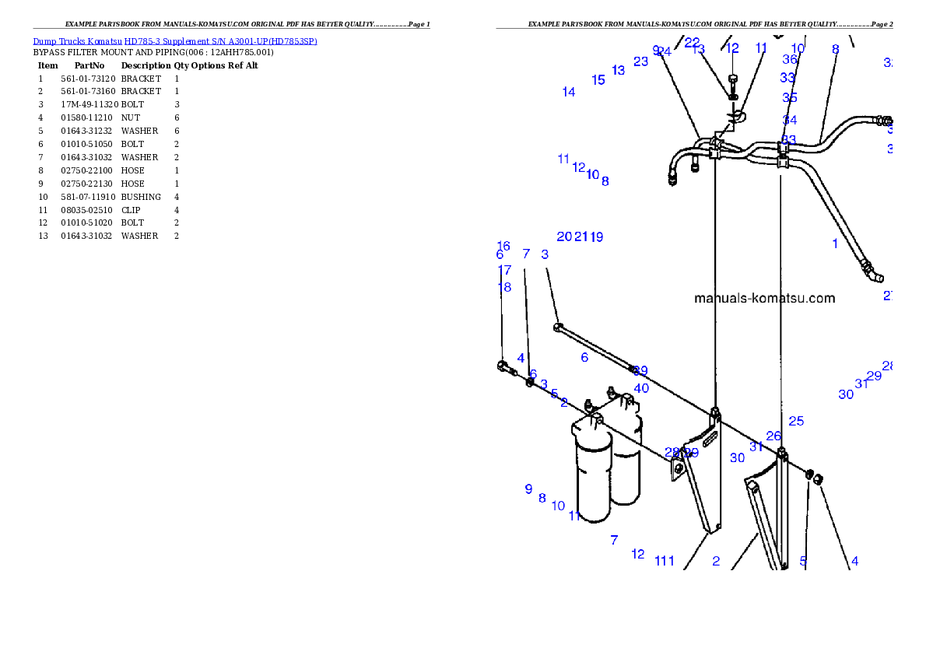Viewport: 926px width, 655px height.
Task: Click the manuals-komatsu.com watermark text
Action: point(764,298)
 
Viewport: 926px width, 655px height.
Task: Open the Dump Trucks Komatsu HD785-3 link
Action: point(175,41)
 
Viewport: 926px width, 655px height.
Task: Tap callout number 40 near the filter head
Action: point(641,388)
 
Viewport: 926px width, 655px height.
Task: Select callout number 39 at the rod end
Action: point(640,371)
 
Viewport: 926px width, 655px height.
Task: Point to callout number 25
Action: point(796,422)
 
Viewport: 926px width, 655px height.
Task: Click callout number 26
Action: point(773,436)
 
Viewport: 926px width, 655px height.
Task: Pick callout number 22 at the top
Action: point(692,43)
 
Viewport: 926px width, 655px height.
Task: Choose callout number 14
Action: point(569,93)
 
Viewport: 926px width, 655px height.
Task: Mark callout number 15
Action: point(598,80)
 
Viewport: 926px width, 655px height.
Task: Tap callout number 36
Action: point(790,59)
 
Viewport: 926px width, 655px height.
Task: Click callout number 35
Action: point(790,98)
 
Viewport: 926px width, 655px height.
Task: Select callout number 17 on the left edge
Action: point(504,271)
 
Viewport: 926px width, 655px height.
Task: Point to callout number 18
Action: point(504,287)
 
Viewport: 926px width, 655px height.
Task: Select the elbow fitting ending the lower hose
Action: point(875,275)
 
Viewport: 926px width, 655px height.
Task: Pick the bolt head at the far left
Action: point(502,366)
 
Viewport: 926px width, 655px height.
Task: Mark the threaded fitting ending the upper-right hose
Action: point(884,121)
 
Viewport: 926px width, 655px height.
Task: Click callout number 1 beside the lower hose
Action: point(835,243)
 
